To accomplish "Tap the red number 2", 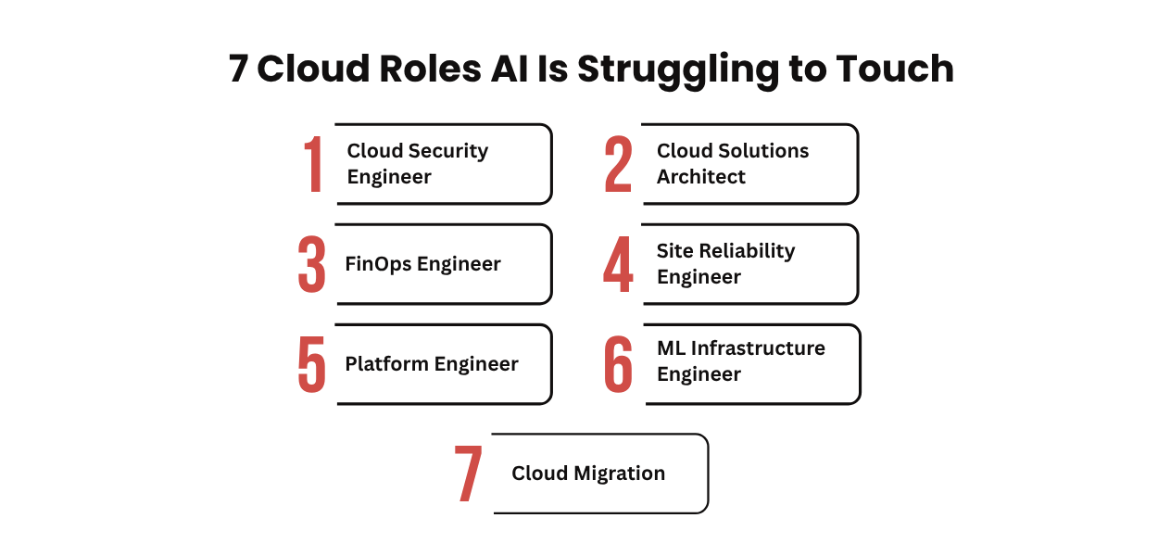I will click(x=618, y=165).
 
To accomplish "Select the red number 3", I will click(x=312, y=264).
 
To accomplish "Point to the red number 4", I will click(x=618, y=264).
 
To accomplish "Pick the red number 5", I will click(x=312, y=364).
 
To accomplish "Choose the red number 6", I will click(x=618, y=364).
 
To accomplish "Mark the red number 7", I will click(x=469, y=474).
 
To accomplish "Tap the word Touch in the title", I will click(x=895, y=69).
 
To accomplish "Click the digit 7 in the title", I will click(x=239, y=69).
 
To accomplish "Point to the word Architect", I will click(x=701, y=177).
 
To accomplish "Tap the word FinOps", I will click(x=378, y=264).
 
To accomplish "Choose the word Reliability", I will click(x=749, y=251).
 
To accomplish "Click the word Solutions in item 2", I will click(x=764, y=151).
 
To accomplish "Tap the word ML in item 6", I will click(x=671, y=348).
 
